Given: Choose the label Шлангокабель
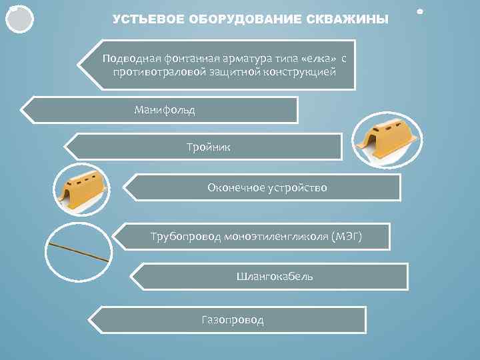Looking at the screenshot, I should tap(275, 276).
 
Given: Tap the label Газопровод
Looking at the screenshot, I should tap(233, 320).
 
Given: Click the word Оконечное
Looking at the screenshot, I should tap(233, 187).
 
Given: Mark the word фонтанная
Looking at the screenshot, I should tap(185, 58).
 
